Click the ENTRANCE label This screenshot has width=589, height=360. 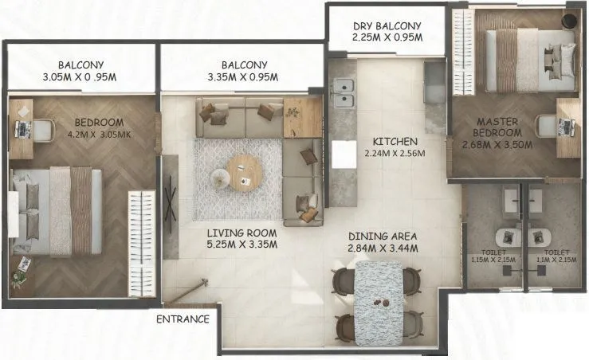[183, 319]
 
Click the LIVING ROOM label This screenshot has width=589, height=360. [241, 233]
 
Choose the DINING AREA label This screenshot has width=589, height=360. [383, 236]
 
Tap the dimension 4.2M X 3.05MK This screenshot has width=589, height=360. [99, 135]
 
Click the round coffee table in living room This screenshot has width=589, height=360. [243, 170]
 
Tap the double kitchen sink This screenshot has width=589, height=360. [344, 92]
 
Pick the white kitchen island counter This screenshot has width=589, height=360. [344, 154]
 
